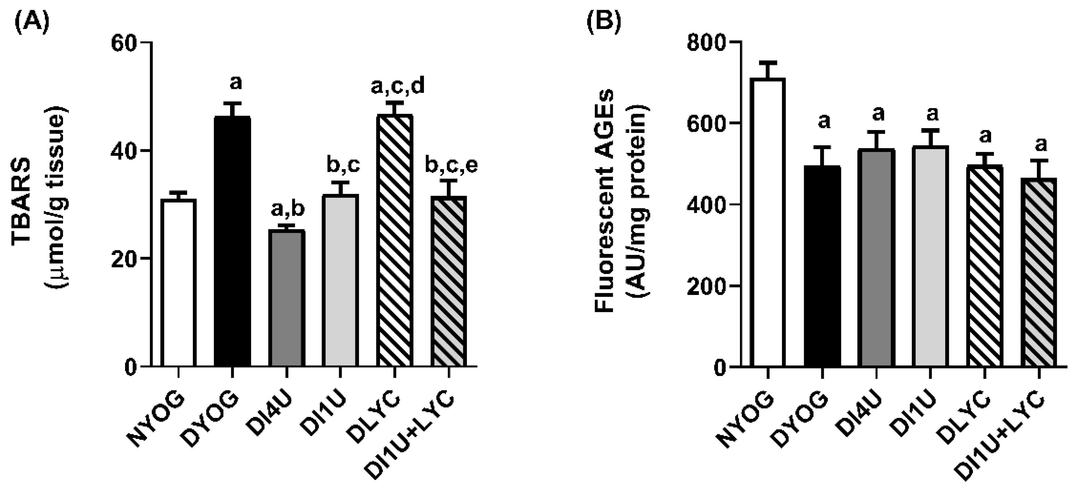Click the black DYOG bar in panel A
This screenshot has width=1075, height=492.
[x=232, y=242]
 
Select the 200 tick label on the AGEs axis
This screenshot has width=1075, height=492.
[x=706, y=286]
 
